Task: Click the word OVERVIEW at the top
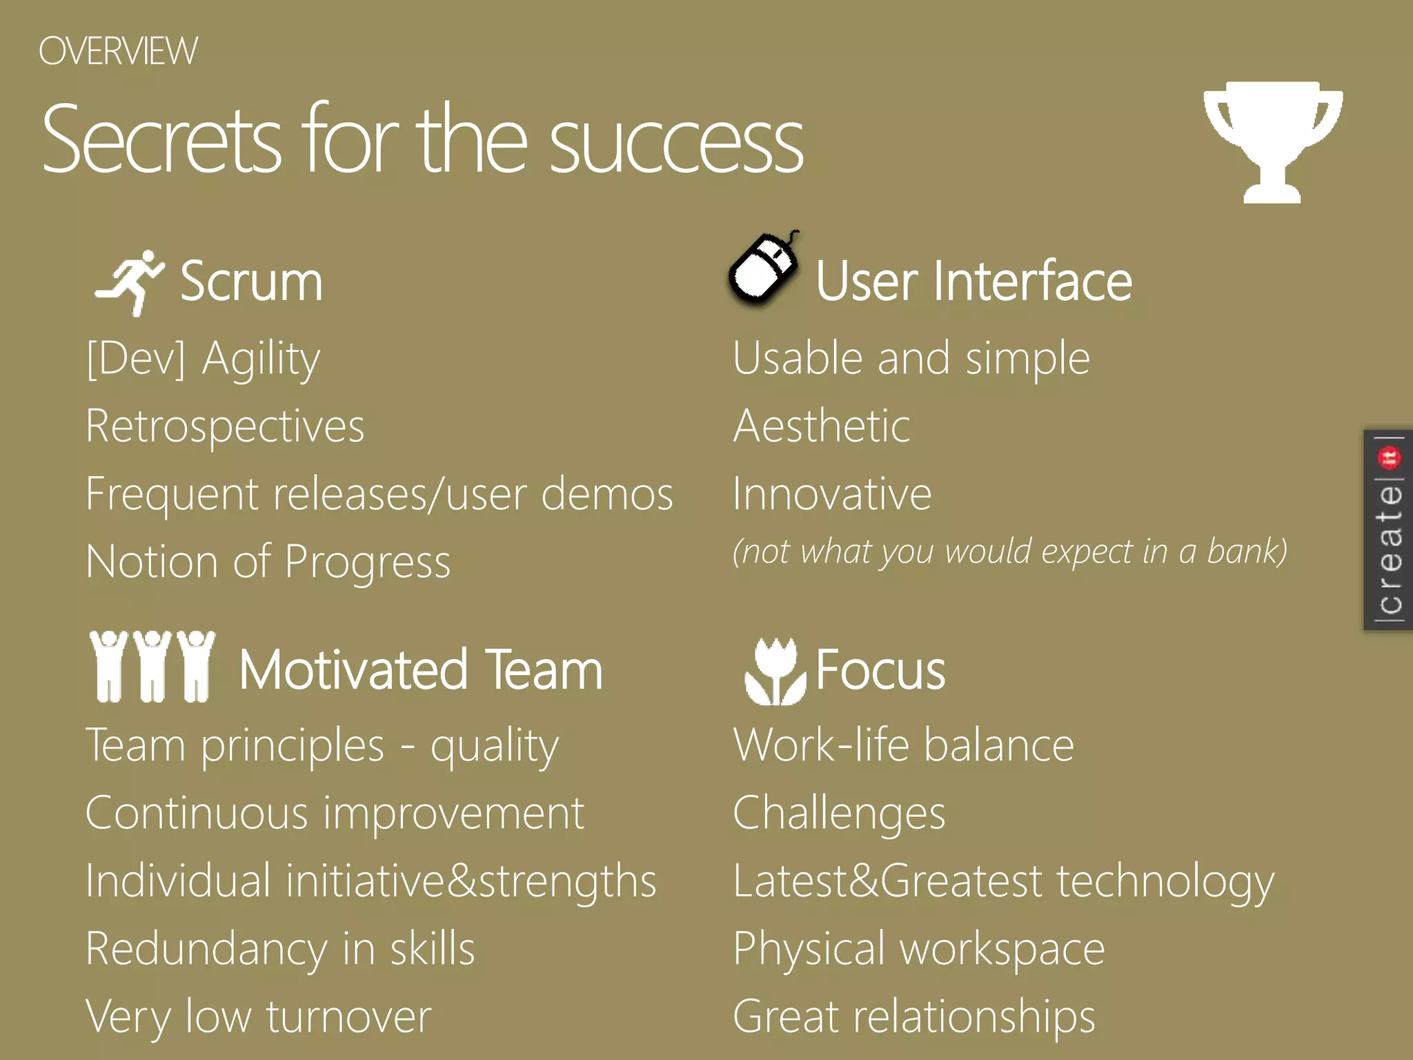[118, 52]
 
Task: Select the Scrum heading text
[251, 282]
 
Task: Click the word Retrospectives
[225, 426]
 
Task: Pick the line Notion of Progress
[268, 562]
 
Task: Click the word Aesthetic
[821, 426]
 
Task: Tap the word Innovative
[832, 494]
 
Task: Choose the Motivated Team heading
[421, 670]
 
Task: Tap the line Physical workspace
[918, 950]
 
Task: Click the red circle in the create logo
[1388, 457]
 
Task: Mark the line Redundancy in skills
[280, 950]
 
